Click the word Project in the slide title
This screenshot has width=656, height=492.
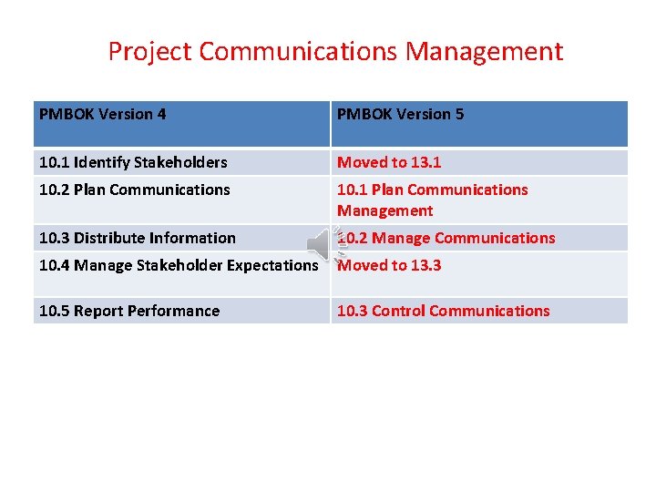(150, 52)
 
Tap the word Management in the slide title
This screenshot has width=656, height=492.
(485, 52)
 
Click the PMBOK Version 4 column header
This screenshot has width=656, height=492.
(102, 115)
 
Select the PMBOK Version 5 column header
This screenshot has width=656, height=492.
(400, 115)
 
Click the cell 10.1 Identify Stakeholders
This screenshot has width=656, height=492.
(133, 163)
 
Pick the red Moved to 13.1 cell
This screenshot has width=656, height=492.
(389, 163)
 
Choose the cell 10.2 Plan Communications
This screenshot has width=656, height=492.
(134, 190)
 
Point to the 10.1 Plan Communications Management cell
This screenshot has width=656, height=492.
(432, 200)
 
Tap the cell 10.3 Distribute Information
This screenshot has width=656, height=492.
(137, 239)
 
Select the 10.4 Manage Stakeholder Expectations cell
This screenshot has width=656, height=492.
(178, 266)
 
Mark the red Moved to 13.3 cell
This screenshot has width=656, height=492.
(389, 266)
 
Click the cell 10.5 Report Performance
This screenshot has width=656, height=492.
(128, 312)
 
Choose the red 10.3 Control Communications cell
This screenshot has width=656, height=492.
(443, 312)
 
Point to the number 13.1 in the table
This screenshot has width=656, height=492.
(425, 163)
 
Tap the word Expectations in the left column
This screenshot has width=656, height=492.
(273, 266)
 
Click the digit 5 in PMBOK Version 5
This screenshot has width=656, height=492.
(459, 115)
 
